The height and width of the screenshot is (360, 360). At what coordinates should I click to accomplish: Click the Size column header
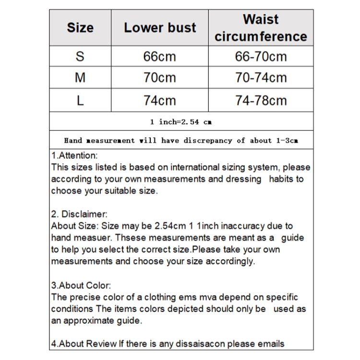point(80,28)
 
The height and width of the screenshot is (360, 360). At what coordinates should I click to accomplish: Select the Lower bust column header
point(160,28)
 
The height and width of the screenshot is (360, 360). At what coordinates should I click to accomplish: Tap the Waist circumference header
point(261,28)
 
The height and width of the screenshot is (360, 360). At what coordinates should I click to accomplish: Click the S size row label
point(80,57)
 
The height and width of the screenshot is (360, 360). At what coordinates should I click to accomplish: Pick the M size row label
point(80,78)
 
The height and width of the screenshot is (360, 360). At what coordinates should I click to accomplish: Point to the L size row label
point(80,100)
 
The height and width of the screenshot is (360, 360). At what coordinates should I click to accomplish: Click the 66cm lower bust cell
point(160,57)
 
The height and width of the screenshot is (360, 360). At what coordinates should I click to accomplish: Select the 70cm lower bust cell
point(160,78)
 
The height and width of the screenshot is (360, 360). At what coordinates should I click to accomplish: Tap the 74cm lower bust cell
point(160,100)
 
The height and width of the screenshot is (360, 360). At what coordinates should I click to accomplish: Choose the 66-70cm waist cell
point(261,57)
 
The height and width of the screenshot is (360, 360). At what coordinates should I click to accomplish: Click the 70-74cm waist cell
point(261,78)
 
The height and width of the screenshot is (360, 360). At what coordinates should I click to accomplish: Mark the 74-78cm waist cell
point(261,100)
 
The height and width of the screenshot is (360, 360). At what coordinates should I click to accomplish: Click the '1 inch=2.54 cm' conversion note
point(181,122)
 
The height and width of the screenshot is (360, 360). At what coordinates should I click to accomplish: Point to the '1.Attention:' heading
point(74,156)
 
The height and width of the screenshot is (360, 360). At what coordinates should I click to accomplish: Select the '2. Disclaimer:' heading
point(79,214)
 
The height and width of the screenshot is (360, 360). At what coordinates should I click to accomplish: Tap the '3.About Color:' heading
point(81,286)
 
